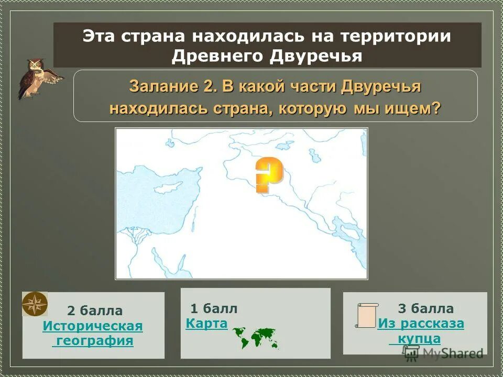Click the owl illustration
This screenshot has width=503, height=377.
38,79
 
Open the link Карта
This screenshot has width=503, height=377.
206,324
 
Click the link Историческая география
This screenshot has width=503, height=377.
93,334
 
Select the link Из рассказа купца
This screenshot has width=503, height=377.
420,331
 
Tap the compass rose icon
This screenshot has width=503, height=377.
35,304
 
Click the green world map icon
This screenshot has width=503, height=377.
255,337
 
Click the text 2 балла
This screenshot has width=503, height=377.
95,311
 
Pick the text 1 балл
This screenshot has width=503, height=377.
214,308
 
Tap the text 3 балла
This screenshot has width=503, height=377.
425,308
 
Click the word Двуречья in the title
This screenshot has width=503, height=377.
316,56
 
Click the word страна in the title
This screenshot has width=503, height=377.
155,37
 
